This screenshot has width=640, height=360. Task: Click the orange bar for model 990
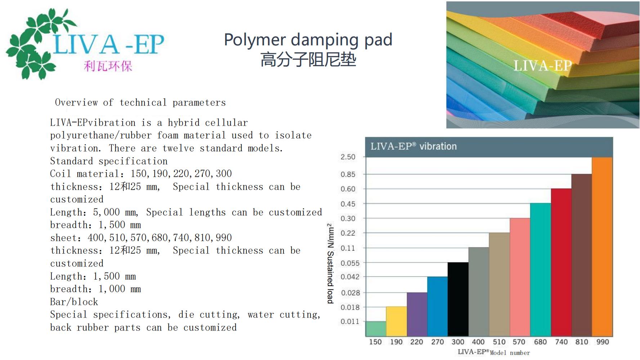tap(602, 247)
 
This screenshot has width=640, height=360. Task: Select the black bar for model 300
tap(458, 299)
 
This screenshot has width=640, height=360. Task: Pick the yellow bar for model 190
tap(397, 321)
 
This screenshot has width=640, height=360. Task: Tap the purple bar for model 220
tap(417, 314)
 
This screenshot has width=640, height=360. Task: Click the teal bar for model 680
tap(541, 270)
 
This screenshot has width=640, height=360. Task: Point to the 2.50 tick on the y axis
tap(348, 157)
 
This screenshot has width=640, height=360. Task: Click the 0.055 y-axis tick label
tap(350, 263)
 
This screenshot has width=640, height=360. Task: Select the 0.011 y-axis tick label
tap(350, 321)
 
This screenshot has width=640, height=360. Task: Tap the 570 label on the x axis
tap(519, 342)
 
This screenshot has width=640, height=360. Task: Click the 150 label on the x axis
tap(375, 342)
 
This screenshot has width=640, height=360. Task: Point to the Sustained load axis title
tap(330, 264)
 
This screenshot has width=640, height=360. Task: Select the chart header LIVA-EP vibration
tap(413, 146)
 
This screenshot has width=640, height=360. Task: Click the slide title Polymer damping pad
tap(308, 40)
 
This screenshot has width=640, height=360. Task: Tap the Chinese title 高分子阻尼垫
tap(308, 60)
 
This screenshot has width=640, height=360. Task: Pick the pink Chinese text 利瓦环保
tap(108, 66)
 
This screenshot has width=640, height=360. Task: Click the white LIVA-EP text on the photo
tap(542, 66)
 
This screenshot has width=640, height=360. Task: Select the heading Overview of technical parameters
tap(140, 103)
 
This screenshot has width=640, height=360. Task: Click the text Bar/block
tap(74, 302)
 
